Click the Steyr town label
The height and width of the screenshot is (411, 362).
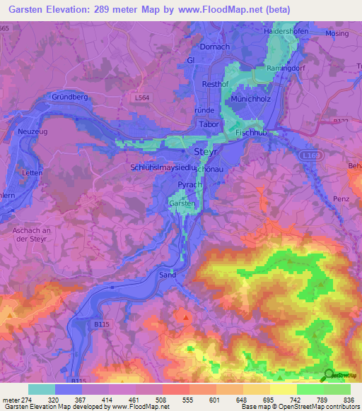[205, 152]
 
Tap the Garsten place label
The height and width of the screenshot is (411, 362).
[181, 203]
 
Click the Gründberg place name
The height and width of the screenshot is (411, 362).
[69, 97]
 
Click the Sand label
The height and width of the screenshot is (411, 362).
[167, 274]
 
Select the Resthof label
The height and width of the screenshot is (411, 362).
[214, 83]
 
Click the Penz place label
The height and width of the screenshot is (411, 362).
[341, 199]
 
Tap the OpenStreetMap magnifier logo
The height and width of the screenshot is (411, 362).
[329, 374]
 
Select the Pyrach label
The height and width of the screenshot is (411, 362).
[189, 184]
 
